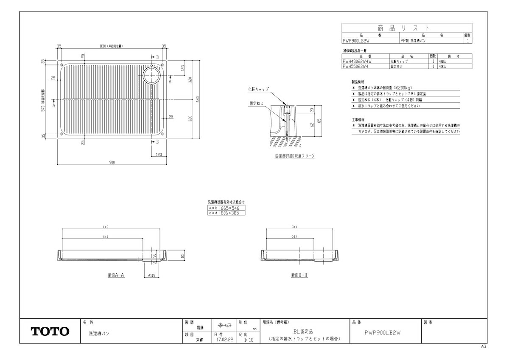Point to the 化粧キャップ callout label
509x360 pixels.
point(258,90)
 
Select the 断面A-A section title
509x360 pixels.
point(115,275)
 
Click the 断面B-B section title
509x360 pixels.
point(299,275)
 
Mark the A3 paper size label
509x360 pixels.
point(484,346)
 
